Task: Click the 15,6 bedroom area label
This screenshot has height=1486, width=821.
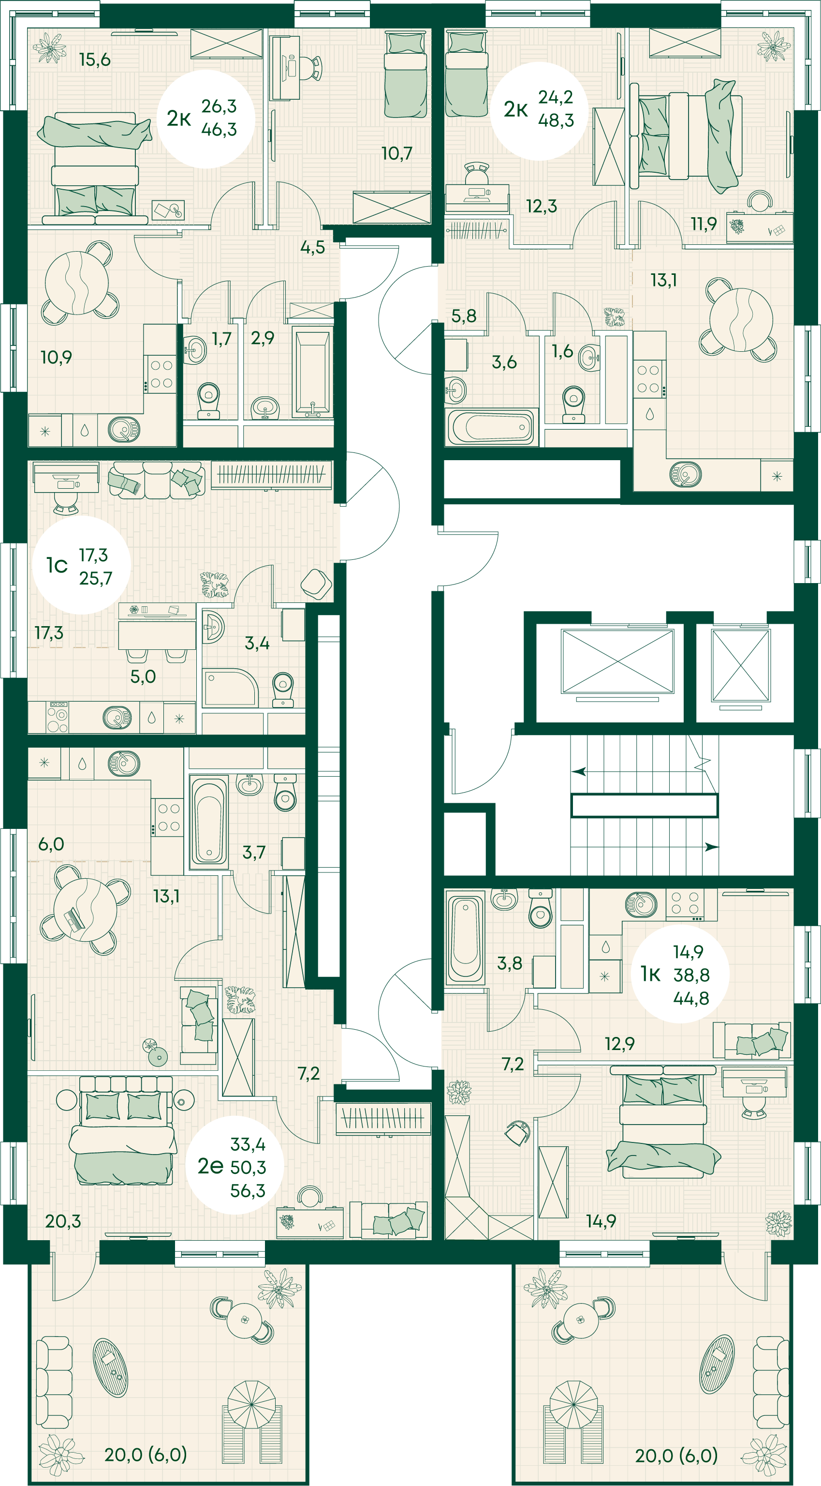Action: pos(95,60)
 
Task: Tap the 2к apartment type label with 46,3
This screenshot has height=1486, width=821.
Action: pos(179,118)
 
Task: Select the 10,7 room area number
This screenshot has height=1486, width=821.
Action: pos(396,153)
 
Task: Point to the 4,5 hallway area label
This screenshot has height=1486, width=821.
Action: pos(312,247)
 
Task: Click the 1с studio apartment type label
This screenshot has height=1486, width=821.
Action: pos(57,565)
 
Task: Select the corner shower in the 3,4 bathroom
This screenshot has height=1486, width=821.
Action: pos(230,688)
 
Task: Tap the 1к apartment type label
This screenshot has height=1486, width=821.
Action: pos(651,975)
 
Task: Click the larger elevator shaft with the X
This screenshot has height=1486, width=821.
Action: pos(617,661)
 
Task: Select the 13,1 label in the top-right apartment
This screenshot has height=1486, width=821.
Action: pos(663,280)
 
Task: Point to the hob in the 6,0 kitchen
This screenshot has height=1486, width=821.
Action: pos(168,817)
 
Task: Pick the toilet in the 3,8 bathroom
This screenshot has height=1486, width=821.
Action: pos(540,907)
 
